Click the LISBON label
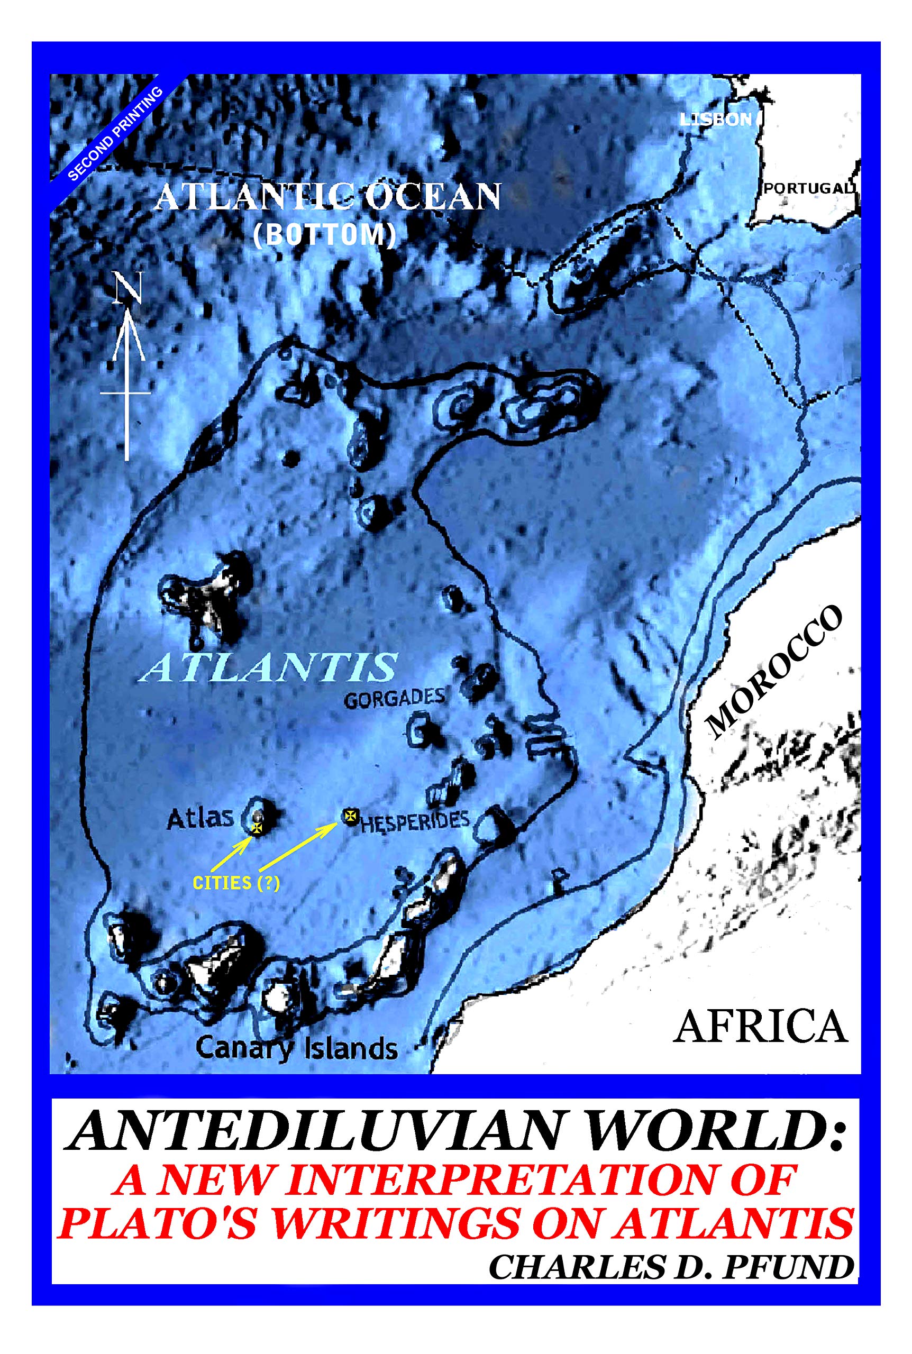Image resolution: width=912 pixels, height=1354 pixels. click(715, 120)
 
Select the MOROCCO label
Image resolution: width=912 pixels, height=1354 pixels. click(773, 671)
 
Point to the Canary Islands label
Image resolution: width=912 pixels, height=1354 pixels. click(297, 1048)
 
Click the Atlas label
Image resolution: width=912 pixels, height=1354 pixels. click(199, 819)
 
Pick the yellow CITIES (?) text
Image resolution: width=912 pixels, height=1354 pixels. click(236, 883)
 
